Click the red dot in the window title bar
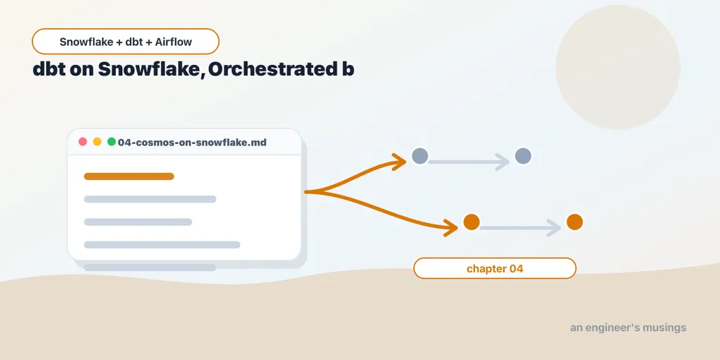tap(83, 142)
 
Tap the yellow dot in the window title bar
tap(97, 142)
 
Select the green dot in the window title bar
tap(111, 142)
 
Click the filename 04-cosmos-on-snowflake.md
tap(192, 143)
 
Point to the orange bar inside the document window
tap(129, 176)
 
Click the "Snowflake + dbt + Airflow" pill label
tap(126, 42)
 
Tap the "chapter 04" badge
tap(495, 268)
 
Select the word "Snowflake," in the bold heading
tap(150, 69)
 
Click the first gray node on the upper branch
tap(420, 156)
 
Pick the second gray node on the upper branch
tap(523, 156)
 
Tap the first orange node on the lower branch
tap(471, 222)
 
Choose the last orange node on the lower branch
tap(575, 222)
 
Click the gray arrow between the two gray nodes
tap(469, 162)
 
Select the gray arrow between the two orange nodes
tap(520, 228)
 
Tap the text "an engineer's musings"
tap(628, 328)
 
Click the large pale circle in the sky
tap(618, 67)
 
